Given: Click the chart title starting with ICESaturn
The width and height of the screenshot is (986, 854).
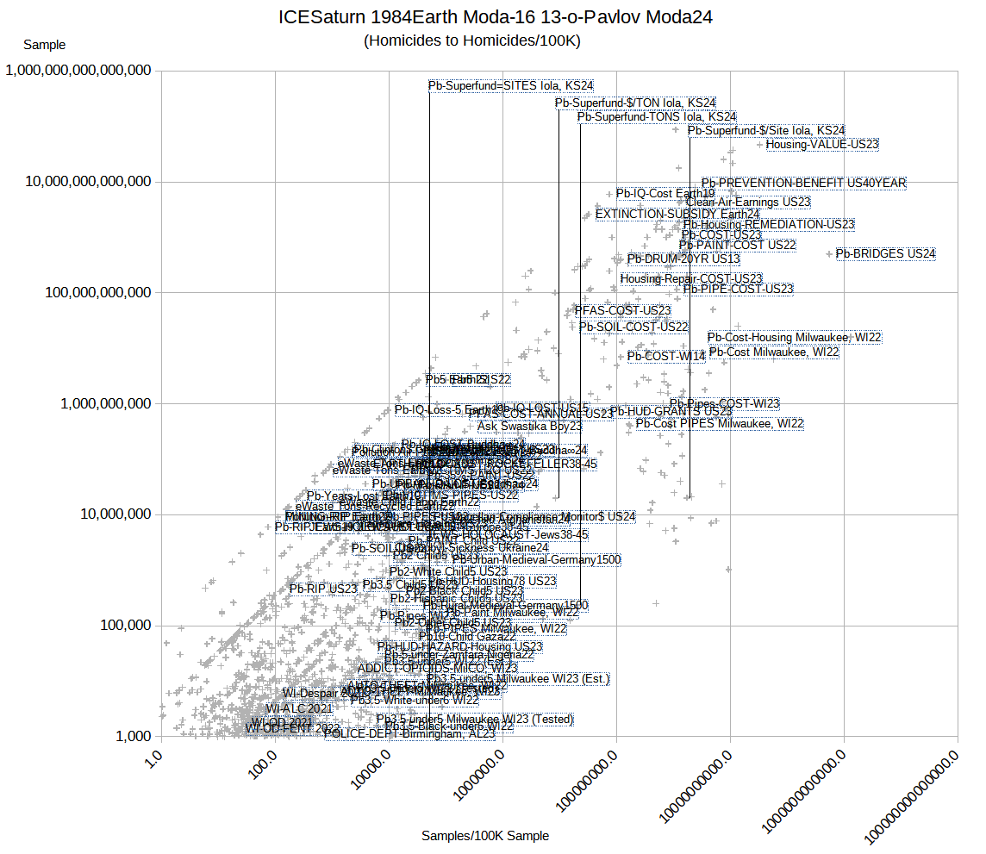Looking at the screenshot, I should pos(496,17).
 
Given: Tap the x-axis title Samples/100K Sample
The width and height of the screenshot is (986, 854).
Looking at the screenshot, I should pos(485,836).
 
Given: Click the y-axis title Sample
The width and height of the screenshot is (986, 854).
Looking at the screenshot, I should pos(44,45).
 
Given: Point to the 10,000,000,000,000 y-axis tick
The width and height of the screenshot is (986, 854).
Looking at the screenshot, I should pos(78,182).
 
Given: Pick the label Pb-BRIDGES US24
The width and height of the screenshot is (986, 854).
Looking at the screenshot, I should pos(885,254).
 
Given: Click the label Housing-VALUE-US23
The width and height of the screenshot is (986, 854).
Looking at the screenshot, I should pos(822,145).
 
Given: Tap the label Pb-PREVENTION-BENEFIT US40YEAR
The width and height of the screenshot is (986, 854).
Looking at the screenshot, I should pos(803,184).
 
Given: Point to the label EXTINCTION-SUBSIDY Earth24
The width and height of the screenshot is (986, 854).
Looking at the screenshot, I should pos(677,214).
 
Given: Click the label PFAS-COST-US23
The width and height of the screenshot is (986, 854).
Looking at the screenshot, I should pos(622,310).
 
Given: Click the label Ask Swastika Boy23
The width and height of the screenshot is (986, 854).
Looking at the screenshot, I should pos(529,427).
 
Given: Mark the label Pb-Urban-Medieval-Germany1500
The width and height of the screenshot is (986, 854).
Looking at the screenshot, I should pos(536,560).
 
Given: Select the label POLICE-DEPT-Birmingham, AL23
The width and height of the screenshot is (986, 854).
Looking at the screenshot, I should pos(409,734).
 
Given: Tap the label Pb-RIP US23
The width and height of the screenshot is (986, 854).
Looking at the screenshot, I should pos(323,589).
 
